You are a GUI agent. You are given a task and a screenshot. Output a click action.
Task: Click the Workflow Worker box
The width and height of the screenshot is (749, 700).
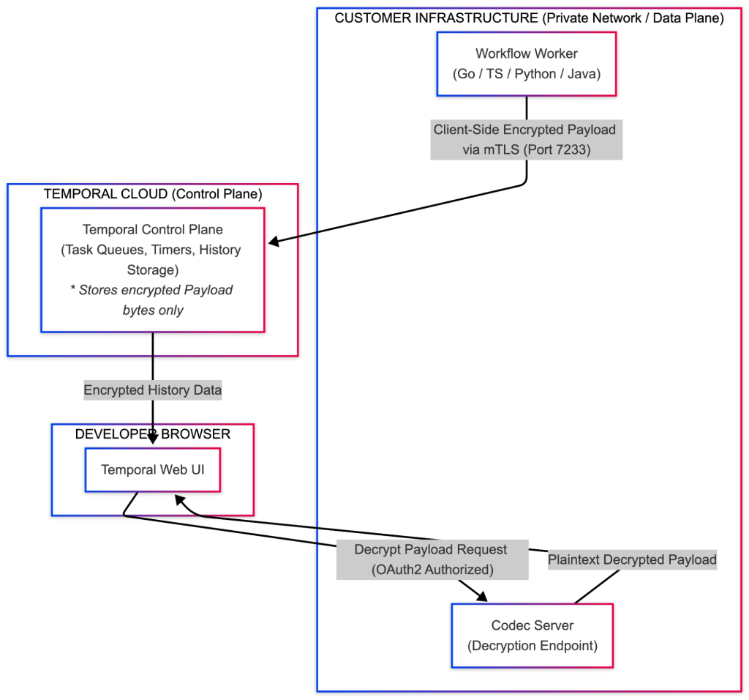(527, 64)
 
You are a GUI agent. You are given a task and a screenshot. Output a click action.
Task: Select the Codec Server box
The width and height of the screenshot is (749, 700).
(532, 636)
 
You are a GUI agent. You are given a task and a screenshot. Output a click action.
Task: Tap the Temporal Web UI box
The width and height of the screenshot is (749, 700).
(153, 469)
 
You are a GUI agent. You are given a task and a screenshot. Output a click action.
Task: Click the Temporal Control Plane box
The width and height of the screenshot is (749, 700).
(153, 269)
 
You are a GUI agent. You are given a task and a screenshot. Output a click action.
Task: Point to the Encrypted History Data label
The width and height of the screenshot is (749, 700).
(153, 390)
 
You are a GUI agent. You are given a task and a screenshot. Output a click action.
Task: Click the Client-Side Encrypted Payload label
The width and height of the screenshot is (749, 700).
(527, 140)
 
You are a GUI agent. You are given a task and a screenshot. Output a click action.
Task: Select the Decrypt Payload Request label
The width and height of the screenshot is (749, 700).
(432, 559)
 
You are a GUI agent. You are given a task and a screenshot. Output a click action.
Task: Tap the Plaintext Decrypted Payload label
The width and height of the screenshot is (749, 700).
(632, 559)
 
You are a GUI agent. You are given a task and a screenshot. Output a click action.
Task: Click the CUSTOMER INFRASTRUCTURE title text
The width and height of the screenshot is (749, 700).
(529, 18)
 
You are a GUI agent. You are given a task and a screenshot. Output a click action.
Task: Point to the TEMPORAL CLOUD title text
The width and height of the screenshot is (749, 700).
(153, 193)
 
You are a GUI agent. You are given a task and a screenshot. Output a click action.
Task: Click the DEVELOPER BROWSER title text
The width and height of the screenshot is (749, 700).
(153, 433)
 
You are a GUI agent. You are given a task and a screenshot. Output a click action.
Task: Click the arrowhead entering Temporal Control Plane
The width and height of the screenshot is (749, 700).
(274, 242)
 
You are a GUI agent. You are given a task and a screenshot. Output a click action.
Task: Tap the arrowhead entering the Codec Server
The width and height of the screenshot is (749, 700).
(482, 596)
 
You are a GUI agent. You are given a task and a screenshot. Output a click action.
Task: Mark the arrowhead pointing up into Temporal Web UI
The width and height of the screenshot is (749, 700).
(179, 500)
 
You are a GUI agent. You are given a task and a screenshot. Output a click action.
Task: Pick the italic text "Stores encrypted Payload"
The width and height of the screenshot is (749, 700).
(156, 290)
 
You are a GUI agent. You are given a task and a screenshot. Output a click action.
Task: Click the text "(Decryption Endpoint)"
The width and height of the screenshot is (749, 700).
(532, 646)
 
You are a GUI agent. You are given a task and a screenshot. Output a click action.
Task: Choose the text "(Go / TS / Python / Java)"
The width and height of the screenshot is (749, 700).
(527, 74)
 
